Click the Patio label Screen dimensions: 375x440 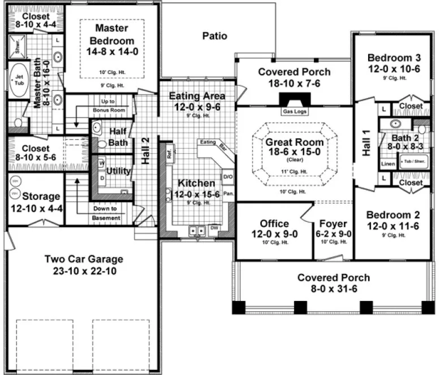click(x=214, y=36)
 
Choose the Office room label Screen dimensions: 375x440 click(x=274, y=224)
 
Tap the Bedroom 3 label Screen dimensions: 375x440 click(x=394, y=58)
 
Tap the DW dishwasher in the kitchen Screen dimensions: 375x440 click(x=214, y=228)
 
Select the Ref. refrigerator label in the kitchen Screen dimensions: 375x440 click(x=169, y=151)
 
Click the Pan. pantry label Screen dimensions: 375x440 click(x=228, y=193)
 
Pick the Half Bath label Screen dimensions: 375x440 click(x=118, y=137)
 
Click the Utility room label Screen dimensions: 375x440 click(x=118, y=171)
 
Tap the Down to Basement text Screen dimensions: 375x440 click(x=106, y=213)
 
